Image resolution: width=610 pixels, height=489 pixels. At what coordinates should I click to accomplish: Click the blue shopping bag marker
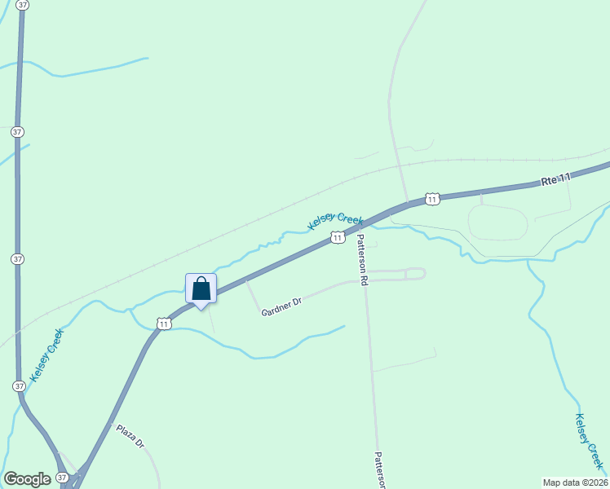pos(201,289)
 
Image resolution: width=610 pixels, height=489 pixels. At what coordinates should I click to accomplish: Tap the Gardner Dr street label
pos(281,307)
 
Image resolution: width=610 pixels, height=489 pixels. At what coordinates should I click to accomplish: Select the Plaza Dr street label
pos(130,437)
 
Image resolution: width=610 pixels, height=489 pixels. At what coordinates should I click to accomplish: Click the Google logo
pos(27,479)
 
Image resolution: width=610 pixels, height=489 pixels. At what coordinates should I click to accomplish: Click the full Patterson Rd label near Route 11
pos(364,259)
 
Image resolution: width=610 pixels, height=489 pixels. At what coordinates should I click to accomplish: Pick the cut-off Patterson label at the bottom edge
pos(379,471)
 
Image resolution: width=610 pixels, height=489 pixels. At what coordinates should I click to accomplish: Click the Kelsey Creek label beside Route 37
pos(46,355)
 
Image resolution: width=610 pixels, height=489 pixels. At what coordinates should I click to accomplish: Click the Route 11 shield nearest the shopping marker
pos(164,324)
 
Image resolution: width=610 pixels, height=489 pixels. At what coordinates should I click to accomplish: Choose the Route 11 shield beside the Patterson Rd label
pos(336,237)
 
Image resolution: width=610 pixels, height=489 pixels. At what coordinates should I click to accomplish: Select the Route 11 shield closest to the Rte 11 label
pos(432,199)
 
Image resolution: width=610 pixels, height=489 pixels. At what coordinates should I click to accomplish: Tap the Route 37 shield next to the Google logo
pos(63,478)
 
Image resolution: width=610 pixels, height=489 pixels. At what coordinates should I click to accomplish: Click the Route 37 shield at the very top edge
pos(22,5)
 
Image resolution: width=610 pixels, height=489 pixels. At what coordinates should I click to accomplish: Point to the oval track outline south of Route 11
pos(498,222)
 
